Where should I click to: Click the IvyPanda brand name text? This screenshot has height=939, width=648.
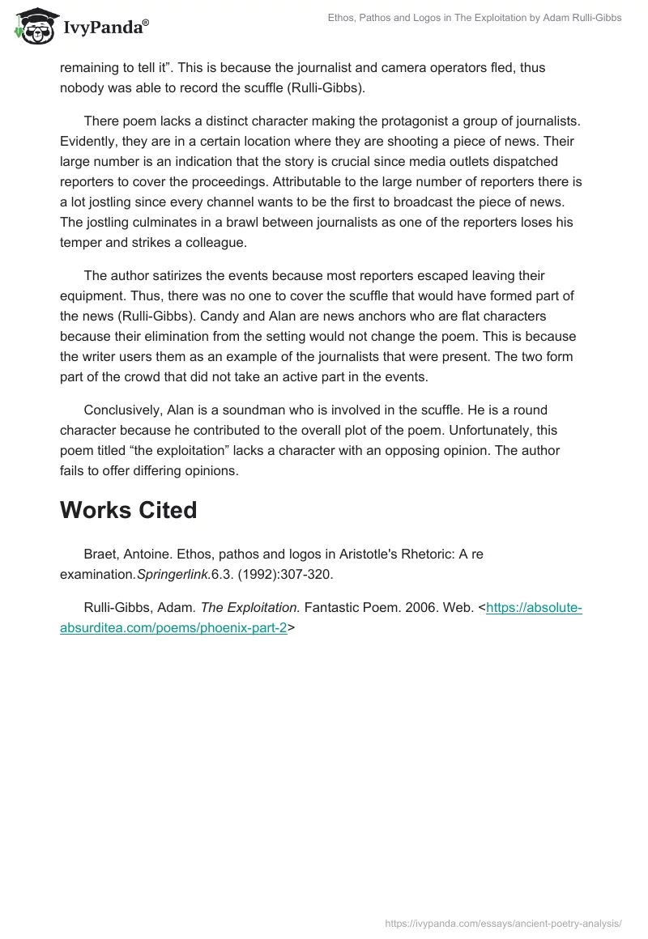pos(105,28)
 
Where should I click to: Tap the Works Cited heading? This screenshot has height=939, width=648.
pos(128,510)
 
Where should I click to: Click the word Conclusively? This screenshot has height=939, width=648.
pos(123,410)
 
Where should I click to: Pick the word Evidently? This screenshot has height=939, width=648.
pos(89,140)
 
